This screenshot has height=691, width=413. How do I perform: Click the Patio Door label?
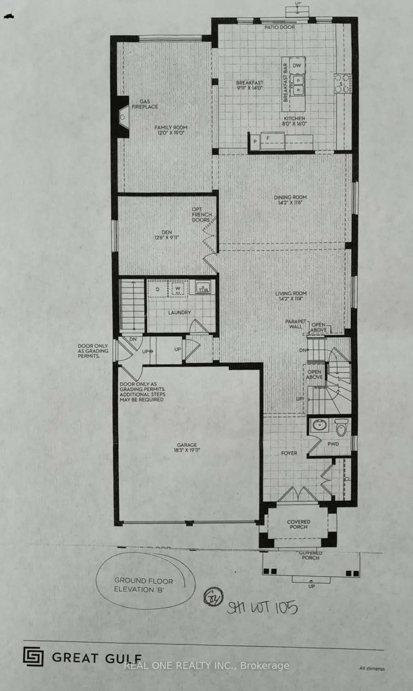point(279,27)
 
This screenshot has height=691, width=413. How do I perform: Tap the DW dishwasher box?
point(297,65)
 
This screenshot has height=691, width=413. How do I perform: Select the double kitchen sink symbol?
point(298,84)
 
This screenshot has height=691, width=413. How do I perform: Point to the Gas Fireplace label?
point(145,104)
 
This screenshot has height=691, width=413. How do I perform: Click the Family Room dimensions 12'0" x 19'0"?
point(171,133)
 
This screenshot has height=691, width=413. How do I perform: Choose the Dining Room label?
point(290,197)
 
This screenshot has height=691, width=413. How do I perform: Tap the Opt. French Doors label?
point(201,215)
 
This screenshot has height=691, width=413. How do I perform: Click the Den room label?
point(166,232)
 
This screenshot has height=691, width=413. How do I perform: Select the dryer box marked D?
point(157,289)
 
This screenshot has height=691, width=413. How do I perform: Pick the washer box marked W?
point(178,289)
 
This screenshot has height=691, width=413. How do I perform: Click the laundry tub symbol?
point(203,288)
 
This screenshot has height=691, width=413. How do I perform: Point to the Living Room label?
point(291,294)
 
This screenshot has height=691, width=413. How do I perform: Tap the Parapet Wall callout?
point(296,324)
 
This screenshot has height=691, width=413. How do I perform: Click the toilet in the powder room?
point(341,427)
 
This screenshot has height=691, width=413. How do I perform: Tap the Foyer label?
point(289,453)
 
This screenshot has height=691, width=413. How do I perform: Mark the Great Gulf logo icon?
point(33,656)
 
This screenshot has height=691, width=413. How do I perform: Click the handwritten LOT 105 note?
point(262,607)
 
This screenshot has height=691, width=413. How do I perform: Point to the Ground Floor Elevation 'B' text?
point(143,585)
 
